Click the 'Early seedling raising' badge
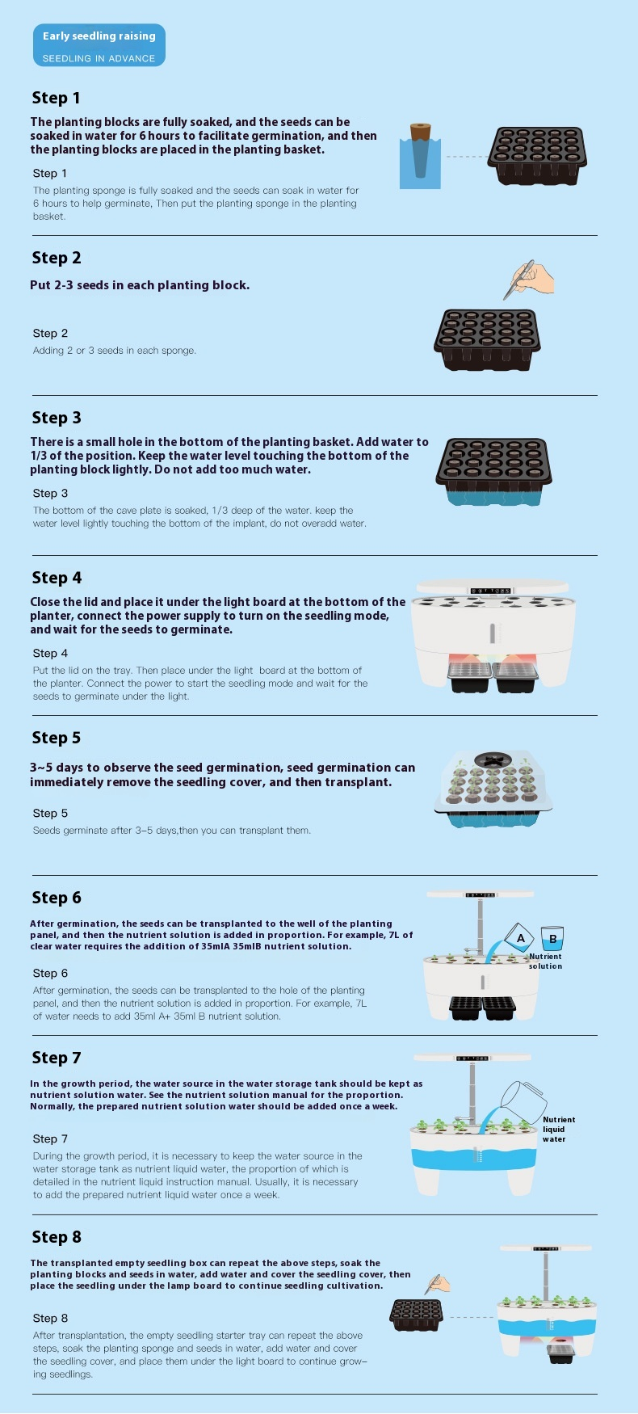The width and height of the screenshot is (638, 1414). (x=99, y=45)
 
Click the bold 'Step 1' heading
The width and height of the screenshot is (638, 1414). (x=56, y=98)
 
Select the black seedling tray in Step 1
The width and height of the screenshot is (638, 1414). (x=537, y=156)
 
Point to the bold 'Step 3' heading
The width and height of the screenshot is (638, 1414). (x=57, y=418)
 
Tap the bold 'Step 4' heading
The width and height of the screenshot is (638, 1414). (x=57, y=578)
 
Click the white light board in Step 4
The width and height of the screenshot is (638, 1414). (x=494, y=586)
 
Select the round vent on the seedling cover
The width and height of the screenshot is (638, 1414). (x=491, y=760)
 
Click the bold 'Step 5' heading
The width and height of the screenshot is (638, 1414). (x=57, y=738)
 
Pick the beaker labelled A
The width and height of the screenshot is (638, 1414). (x=519, y=938)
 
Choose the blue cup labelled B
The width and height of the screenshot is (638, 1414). (x=552, y=938)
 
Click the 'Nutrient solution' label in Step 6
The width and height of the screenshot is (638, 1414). (x=545, y=961)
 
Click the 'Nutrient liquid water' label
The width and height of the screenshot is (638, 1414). (x=559, y=1130)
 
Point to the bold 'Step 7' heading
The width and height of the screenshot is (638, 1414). (x=57, y=1058)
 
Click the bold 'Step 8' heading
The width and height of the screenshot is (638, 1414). (x=57, y=1237)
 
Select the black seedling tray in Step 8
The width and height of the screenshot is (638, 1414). (x=417, y=1315)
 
